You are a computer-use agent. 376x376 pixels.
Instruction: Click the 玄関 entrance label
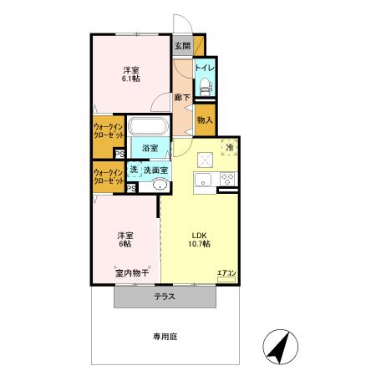pyautogui.click(x=183, y=47)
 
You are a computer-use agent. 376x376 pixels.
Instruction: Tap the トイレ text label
pyautogui.click(x=204, y=67)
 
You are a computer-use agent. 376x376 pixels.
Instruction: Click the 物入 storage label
pyautogui.click(x=205, y=119)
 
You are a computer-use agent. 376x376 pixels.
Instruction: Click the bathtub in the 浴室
pyautogui.click(x=150, y=127)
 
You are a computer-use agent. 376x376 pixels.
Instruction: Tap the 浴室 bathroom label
pyautogui.click(x=150, y=148)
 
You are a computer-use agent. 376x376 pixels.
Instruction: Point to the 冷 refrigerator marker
pyautogui.click(x=229, y=148)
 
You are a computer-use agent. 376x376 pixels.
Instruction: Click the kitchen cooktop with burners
pyautogui.click(x=226, y=180)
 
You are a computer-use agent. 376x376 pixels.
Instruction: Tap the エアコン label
pyautogui.click(x=227, y=272)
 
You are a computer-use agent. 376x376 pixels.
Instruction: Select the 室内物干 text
pyautogui.click(x=132, y=273)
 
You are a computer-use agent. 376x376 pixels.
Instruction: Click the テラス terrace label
pyautogui.click(x=164, y=297)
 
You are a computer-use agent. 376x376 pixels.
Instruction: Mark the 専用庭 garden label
pyautogui.click(x=165, y=337)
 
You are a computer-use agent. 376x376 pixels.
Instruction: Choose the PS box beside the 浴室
pyautogui.click(x=120, y=154)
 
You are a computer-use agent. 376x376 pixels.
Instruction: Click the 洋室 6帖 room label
pyautogui.click(x=126, y=241)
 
